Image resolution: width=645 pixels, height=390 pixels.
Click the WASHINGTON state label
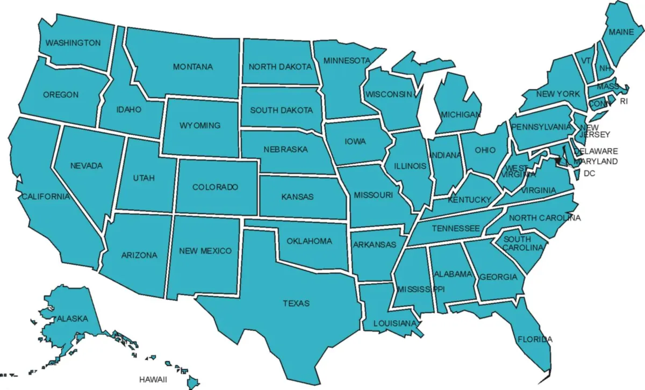[x=73, y=42]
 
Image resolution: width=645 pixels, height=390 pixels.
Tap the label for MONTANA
[x=192, y=67]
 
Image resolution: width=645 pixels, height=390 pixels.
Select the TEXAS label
[x=296, y=304]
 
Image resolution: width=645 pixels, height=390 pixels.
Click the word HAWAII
[x=154, y=379]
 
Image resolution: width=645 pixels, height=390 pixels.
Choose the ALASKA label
[x=71, y=319]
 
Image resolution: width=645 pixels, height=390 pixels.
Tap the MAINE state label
[x=621, y=32]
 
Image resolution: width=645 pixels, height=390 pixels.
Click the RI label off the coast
[x=623, y=101]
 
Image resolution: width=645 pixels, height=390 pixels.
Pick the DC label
[x=589, y=174]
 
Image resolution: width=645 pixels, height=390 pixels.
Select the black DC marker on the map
[x=558, y=160]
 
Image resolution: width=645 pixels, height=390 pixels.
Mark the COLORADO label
[x=215, y=187]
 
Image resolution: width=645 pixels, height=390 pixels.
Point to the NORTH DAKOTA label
[x=280, y=67]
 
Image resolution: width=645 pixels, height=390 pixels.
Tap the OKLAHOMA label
[x=309, y=241]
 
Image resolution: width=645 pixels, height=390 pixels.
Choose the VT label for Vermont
[x=585, y=61]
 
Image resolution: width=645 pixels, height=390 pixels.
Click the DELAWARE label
[x=595, y=151]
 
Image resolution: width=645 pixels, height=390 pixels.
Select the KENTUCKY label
[x=469, y=200]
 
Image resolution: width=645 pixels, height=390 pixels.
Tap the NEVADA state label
[x=86, y=165]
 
